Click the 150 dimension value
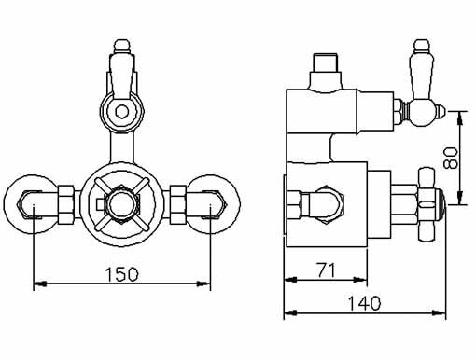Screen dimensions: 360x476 click(x=121, y=274)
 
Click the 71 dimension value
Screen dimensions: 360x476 click(x=325, y=270)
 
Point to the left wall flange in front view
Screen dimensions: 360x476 click(x=34, y=199)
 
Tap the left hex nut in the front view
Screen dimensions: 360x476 click(x=67, y=199)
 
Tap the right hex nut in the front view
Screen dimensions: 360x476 click(x=178, y=199)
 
